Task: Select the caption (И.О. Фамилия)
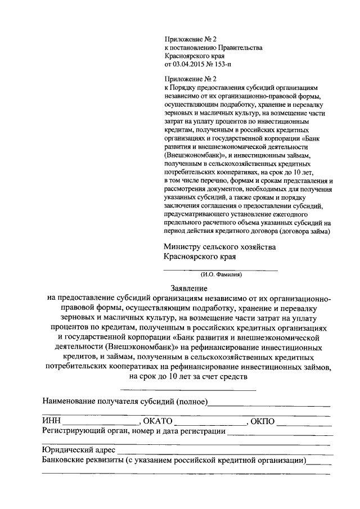(220, 275)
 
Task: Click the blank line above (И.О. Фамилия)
(220, 270)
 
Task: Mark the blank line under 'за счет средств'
(188, 389)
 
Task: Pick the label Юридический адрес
(79, 450)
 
